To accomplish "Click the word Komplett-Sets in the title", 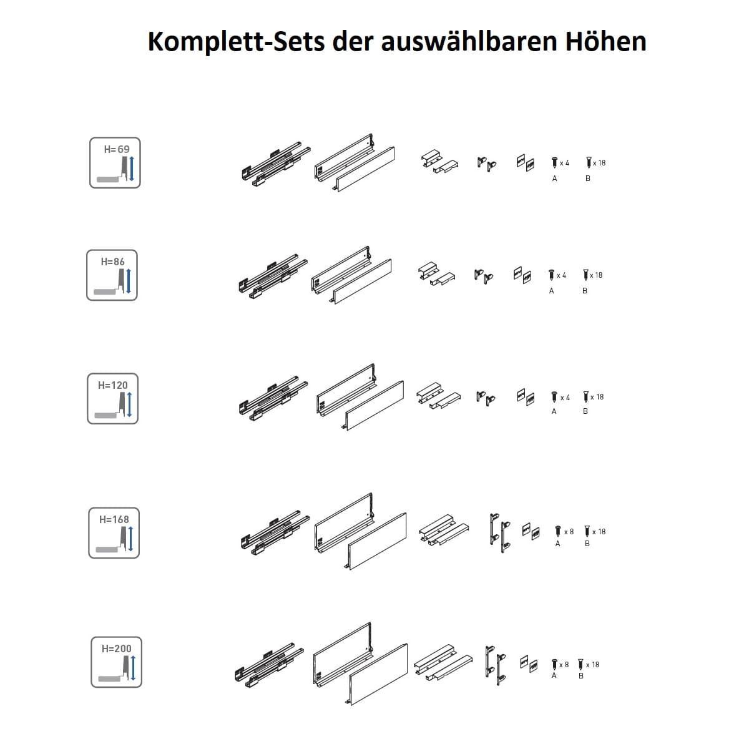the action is pyautogui.click(x=237, y=42).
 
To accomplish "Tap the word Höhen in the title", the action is pyautogui.click(x=605, y=41).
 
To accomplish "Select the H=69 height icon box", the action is pyautogui.click(x=115, y=163).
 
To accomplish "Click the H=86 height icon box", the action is pyautogui.click(x=112, y=275).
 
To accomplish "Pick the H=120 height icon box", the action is pyautogui.click(x=113, y=398).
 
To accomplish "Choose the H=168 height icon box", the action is pyautogui.click(x=114, y=533).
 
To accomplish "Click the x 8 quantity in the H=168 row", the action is pyautogui.click(x=569, y=532).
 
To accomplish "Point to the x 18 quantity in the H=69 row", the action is pyautogui.click(x=599, y=163).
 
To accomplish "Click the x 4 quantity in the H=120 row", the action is pyautogui.click(x=565, y=398).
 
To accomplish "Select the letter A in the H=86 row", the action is pyautogui.click(x=551, y=291).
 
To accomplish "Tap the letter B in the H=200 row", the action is pyautogui.click(x=581, y=676).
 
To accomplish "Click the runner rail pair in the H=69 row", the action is pyautogui.click(x=276, y=164).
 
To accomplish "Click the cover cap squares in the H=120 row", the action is pyautogui.click(x=526, y=397).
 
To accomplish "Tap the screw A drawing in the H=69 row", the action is pyautogui.click(x=555, y=162).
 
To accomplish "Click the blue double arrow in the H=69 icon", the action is pyautogui.click(x=131, y=169).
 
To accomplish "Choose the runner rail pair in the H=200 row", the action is pyautogui.click(x=270, y=665).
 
